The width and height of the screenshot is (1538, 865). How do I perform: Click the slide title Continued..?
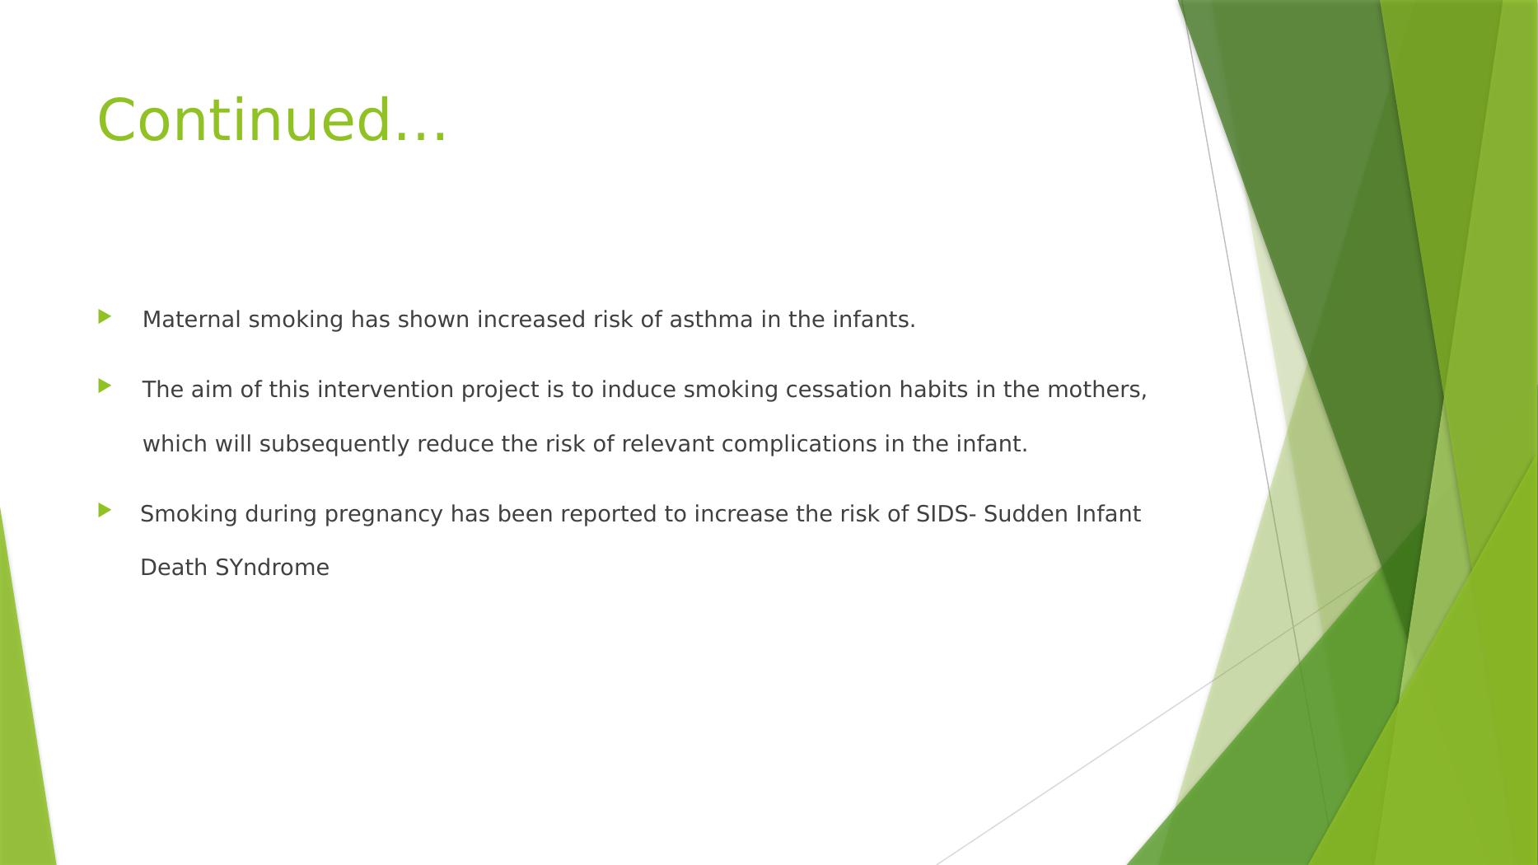(272, 119)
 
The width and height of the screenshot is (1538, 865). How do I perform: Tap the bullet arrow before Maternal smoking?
(104, 316)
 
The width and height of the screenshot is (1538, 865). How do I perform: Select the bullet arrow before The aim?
(104, 386)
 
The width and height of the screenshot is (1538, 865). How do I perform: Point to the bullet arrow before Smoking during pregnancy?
(104, 510)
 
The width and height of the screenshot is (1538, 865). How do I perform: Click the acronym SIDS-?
(947, 514)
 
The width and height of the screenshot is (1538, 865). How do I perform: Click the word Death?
(175, 568)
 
